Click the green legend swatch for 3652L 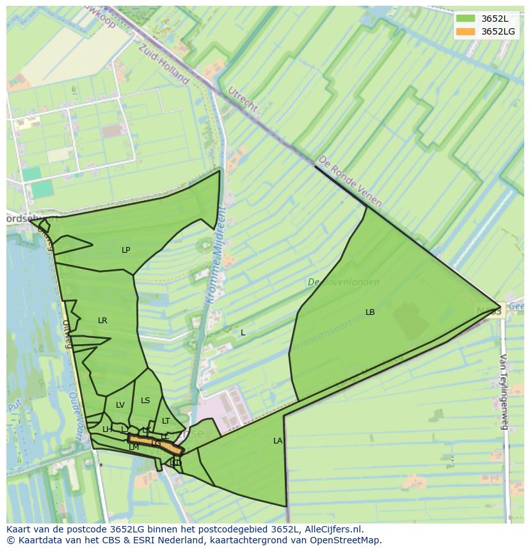point(465,19)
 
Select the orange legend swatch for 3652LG point(465,31)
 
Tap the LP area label point(126,250)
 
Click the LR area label point(102,321)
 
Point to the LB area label point(370,312)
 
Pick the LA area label point(278,441)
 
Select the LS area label point(145,401)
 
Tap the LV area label point(120,405)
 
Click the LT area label point(166,421)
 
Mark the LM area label point(134,448)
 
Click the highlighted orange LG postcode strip point(156,443)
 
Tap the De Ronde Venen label point(350,180)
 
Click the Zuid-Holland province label point(164,64)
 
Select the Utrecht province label point(243,100)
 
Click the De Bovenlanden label point(343,282)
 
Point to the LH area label point(107,429)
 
